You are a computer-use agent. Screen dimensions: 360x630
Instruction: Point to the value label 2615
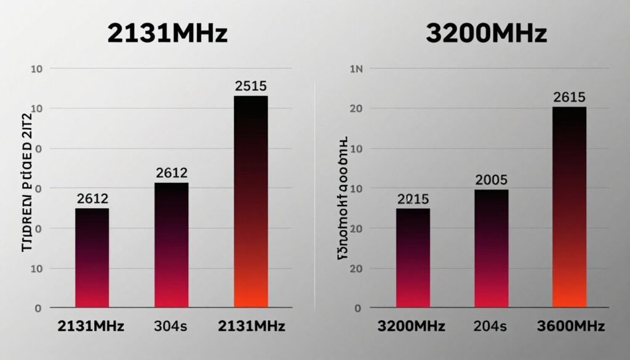pos(569,97)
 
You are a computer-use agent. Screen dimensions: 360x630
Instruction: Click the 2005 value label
pos(491,180)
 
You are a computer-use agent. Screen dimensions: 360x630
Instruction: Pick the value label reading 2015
pos(413,199)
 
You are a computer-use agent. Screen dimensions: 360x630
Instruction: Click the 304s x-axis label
pos(172,326)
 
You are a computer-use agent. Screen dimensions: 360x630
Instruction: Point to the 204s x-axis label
pos(491,326)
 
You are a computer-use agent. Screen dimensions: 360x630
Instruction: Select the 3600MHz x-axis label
pos(569,326)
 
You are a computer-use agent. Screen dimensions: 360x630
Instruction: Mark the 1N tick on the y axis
pos(357,70)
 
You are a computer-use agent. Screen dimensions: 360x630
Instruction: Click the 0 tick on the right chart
pos(357,307)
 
